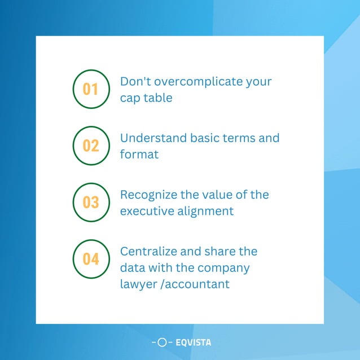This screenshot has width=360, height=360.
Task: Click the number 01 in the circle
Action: tap(91, 89)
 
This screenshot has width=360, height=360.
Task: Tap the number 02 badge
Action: tap(91, 146)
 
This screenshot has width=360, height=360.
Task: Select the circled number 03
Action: tap(91, 202)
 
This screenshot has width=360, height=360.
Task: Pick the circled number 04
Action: tap(91, 259)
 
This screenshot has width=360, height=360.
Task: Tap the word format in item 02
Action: tap(139, 154)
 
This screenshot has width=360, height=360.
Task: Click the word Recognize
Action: tap(148, 195)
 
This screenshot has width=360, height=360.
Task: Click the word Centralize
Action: tap(148, 251)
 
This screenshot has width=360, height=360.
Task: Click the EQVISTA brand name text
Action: tap(193, 342)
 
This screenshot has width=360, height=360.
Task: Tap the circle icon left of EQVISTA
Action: tap(162, 342)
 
